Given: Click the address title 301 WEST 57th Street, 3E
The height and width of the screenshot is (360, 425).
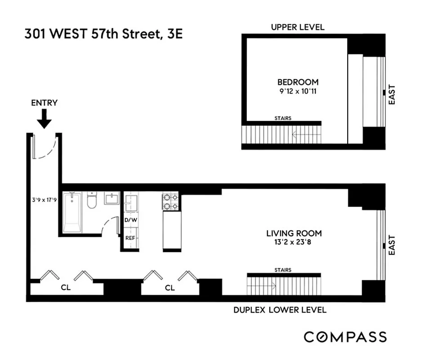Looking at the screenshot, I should pos(103,34).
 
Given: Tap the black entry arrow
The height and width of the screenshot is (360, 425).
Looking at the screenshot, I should pos(44,119).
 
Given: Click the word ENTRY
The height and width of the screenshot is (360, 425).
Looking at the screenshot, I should pos(44,103).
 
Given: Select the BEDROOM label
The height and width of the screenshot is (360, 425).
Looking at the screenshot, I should pos(298,82).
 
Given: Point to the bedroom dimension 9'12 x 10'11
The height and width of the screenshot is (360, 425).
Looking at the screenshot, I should pos(298,91).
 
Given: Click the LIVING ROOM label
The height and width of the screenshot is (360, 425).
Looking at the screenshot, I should pos(294,233).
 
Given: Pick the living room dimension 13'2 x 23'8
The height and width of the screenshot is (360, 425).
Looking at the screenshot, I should pos(294,243).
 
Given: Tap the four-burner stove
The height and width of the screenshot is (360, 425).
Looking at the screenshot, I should pos(171,202).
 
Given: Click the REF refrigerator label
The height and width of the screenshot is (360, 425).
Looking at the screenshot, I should pos(130,237).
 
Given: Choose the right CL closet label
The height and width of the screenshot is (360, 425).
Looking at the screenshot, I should pos(170,288).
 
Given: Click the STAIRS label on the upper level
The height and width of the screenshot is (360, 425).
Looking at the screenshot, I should pos(282,118).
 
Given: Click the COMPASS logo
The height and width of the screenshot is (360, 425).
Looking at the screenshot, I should pos(345,337).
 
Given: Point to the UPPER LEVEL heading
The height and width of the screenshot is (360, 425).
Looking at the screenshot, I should pos(297,27).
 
